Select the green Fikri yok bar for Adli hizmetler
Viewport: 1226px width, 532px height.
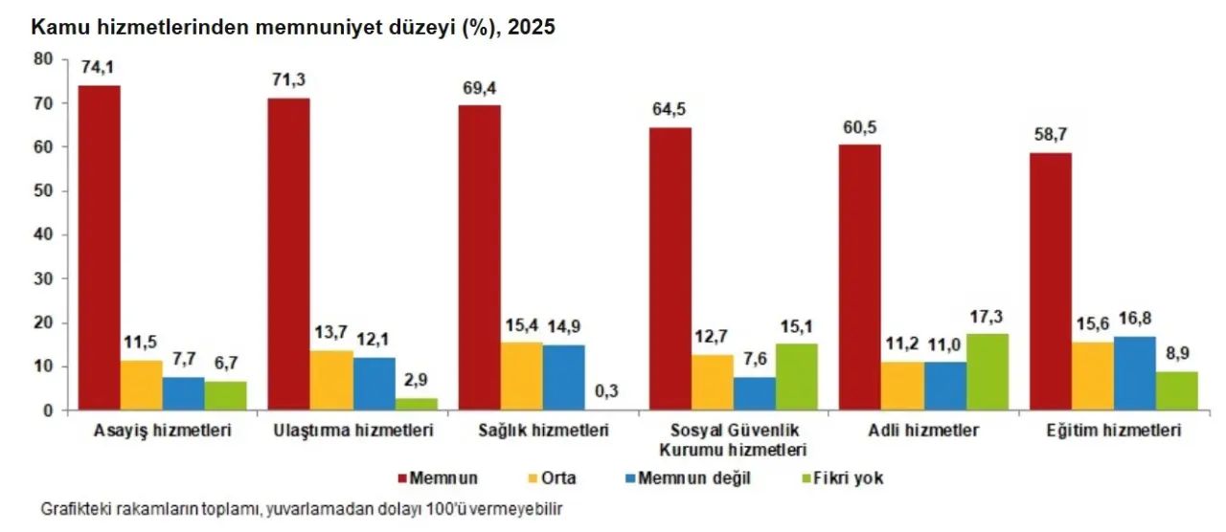pyautogui.click(x=987, y=372)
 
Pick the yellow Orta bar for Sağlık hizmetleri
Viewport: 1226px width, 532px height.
pyautogui.click(x=521, y=376)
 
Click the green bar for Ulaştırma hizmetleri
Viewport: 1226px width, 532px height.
pyautogui.click(x=416, y=404)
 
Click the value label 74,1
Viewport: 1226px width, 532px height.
pyautogui.click(x=99, y=66)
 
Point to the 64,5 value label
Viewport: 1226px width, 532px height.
pyautogui.click(x=669, y=108)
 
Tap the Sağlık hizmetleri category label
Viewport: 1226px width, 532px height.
pyautogui.click(x=543, y=432)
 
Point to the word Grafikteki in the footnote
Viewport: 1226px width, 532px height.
pyautogui.click(x=75, y=509)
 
